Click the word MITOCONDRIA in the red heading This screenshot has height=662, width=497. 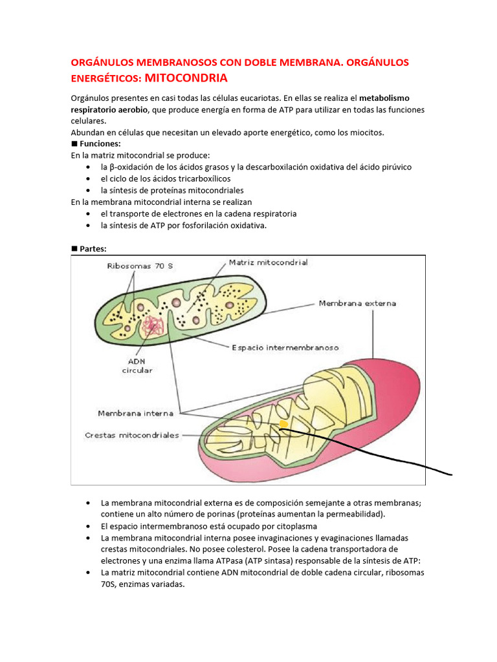tap(186, 78)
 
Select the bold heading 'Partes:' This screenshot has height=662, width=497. tap(94, 248)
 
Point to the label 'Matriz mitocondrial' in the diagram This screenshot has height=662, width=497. tap(269, 262)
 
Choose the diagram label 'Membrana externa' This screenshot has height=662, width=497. tap(357, 303)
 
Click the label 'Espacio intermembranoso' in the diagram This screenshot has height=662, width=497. tap(285, 347)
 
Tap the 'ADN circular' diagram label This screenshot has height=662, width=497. tap(137, 366)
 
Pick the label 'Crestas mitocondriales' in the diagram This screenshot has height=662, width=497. tap(132, 435)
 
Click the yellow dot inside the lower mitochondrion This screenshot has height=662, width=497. tap(283, 425)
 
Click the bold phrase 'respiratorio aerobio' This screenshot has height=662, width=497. tap(109, 109)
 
